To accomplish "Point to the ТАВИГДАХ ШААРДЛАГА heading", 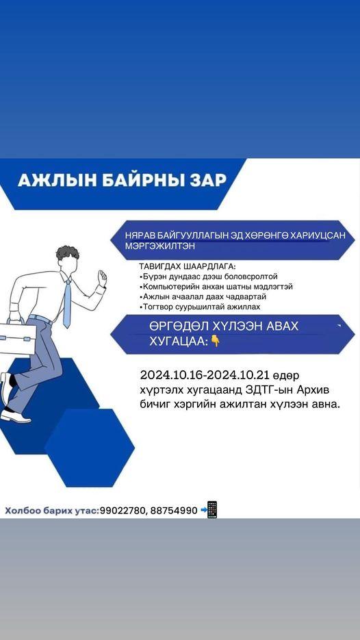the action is [188, 266].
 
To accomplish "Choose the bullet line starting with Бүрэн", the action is [209, 277].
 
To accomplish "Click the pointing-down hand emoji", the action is [215, 341].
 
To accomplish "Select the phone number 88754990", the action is [174, 510].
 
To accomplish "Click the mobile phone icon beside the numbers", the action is [212, 510].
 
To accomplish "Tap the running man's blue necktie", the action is [67, 303].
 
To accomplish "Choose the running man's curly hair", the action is [68, 253].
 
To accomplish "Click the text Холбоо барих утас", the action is [51, 510].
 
